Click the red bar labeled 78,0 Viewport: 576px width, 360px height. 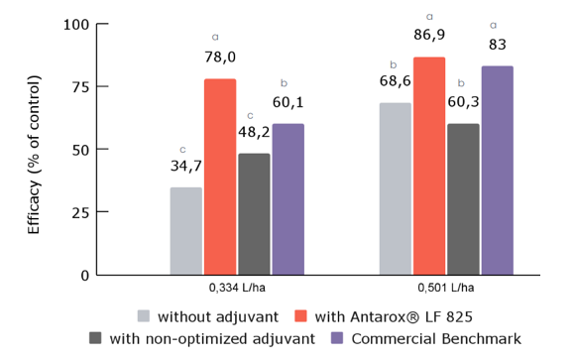pyautogui.click(x=220, y=177)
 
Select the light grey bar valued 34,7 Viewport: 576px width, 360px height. pyautogui.click(x=185, y=231)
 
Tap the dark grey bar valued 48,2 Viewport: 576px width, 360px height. pyautogui.click(x=254, y=214)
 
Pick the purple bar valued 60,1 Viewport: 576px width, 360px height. pyautogui.click(x=288, y=199)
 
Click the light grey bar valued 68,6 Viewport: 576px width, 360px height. pyautogui.click(x=395, y=188)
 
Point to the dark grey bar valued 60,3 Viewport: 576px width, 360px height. pyautogui.click(x=463, y=199)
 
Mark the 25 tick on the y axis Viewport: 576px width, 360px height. pyautogui.click(x=80, y=212)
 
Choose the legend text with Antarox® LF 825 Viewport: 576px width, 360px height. pyautogui.click(x=393, y=316)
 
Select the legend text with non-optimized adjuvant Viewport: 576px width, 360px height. pyautogui.click(x=212, y=339)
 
